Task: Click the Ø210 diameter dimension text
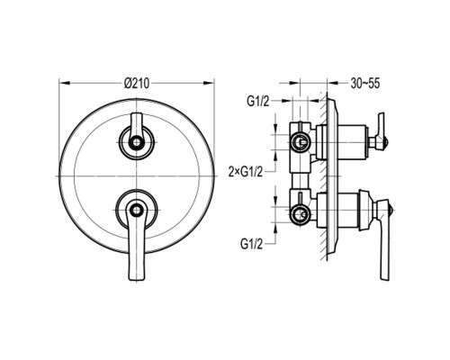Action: [137, 83]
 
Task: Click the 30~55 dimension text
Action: [365, 83]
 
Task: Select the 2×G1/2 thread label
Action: [246, 172]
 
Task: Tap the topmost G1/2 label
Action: [258, 102]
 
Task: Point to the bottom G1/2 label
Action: [251, 244]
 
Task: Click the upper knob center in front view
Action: [137, 141]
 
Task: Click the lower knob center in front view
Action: [137, 209]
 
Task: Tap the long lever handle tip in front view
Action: [137, 278]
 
